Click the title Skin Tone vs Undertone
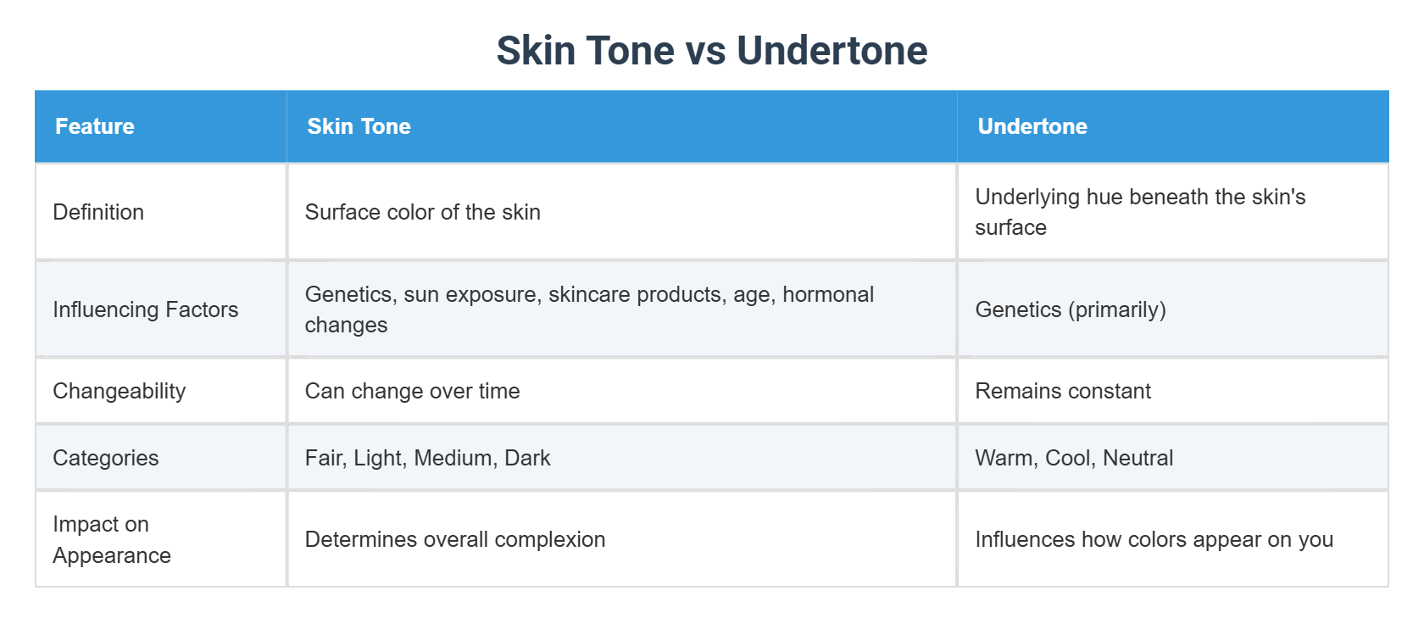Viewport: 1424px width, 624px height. click(711, 51)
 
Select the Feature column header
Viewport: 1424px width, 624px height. click(95, 126)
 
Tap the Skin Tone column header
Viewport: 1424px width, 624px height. click(359, 126)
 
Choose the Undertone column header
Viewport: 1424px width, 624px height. click(1032, 126)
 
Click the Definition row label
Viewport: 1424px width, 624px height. click(98, 212)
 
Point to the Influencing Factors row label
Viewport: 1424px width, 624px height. click(145, 309)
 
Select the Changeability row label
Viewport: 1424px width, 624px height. click(119, 391)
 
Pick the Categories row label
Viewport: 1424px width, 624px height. click(105, 458)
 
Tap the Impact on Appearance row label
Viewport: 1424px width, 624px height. click(111, 539)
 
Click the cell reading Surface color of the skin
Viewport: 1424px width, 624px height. click(422, 212)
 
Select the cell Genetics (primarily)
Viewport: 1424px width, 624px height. click(1070, 309)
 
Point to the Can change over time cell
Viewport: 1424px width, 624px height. click(412, 391)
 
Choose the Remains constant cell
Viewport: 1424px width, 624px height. click(1062, 391)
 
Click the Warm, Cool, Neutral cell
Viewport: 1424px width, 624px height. click(1073, 458)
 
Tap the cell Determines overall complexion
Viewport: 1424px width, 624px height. click(454, 539)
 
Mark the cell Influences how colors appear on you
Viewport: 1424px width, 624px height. click(1154, 539)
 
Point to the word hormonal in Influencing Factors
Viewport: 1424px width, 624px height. click(827, 294)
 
